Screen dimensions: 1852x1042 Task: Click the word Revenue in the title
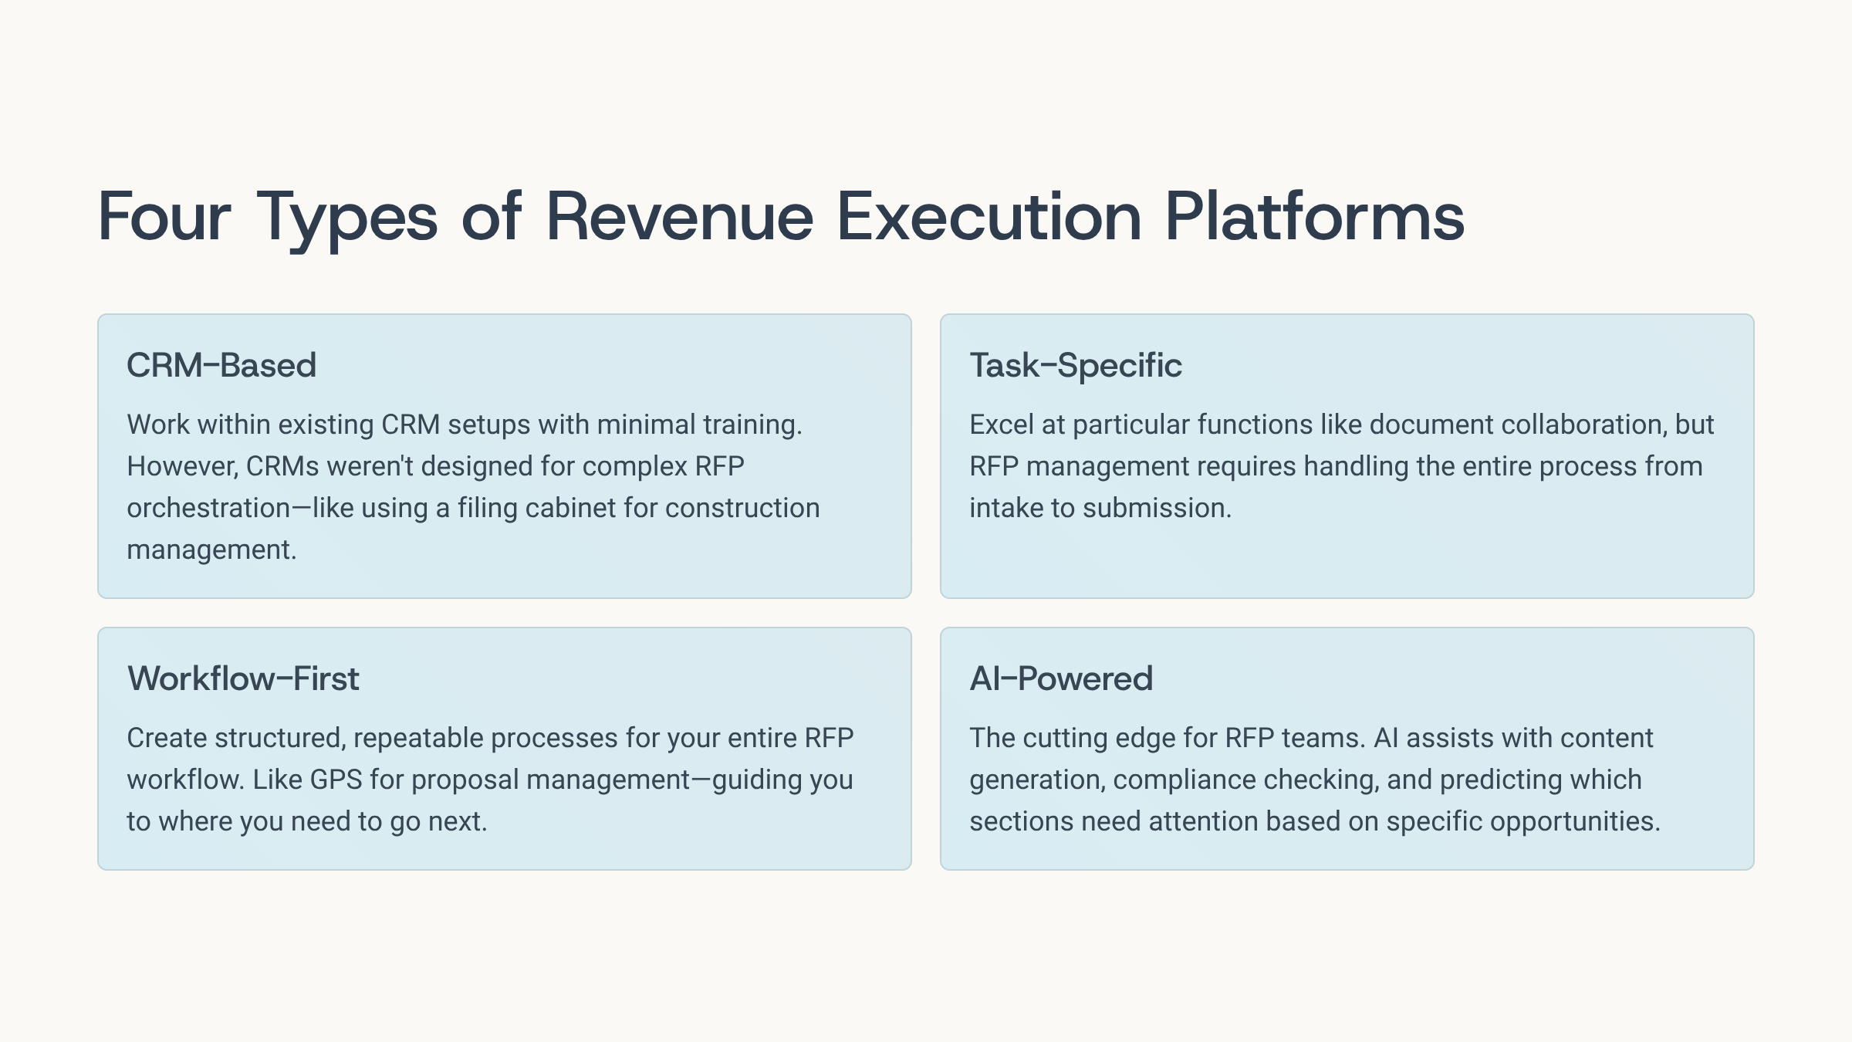click(679, 217)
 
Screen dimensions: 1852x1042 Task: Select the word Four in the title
click(164, 217)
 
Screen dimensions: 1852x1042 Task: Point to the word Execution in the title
click(989, 217)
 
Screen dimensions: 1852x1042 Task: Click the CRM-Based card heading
click(221, 365)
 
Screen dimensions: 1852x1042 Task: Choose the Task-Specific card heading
click(1076, 366)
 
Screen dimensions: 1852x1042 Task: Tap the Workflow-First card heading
click(243, 678)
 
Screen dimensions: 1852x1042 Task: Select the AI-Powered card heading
click(1061, 678)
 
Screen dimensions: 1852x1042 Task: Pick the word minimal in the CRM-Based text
click(646, 425)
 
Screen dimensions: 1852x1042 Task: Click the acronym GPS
click(336, 780)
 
